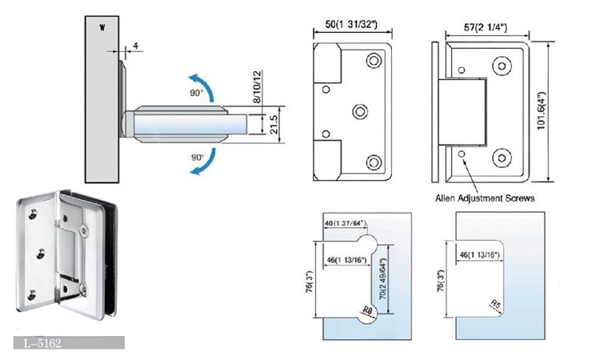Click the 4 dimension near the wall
[x=137, y=46]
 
